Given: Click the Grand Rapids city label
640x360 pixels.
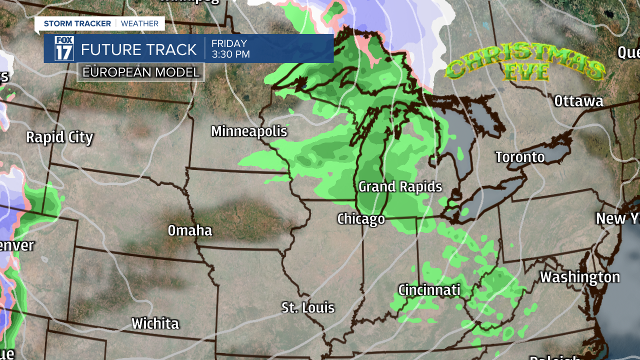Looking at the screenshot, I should (400, 187).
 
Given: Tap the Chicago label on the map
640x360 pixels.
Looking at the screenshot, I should (361, 219).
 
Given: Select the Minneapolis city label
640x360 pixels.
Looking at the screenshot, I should (249, 131).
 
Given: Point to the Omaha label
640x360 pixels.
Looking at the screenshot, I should (189, 230).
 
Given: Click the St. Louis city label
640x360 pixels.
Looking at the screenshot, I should (307, 307).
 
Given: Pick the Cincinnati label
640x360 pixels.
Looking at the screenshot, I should (429, 290).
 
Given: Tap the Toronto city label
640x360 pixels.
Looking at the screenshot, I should (520, 157).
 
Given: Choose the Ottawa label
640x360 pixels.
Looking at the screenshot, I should (578, 101).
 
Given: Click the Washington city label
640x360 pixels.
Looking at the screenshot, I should (580, 277).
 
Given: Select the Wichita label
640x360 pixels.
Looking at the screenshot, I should (155, 323).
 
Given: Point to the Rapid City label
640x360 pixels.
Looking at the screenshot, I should (59, 137).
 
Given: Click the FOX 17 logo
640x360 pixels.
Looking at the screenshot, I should (64, 48).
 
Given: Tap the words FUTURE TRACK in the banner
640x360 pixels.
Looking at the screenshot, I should (139, 49).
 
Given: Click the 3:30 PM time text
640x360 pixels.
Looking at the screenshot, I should (230, 54).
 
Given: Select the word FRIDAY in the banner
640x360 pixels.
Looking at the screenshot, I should (229, 43).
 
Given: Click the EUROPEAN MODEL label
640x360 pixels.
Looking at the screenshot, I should (141, 72).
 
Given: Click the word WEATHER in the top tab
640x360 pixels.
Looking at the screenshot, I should (139, 23).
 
